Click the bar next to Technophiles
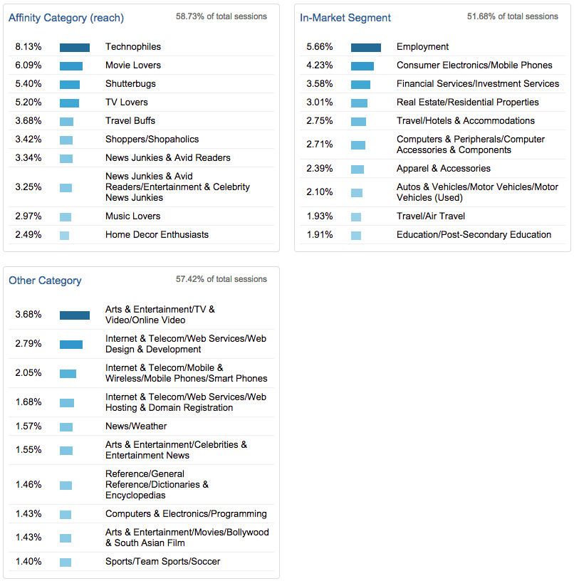click(75, 47)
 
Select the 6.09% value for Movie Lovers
click(28, 66)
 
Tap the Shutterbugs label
click(130, 84)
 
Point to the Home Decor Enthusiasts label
click(157, 235)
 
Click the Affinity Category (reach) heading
click(66, 18)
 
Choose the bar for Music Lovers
click(66, 216)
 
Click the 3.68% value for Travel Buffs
click(28, 121)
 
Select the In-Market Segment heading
click(345, 18)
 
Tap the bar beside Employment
click(366, 47)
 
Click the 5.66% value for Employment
click(320, 47)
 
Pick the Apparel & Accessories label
click(443, 169)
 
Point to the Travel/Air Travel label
click(430, 216)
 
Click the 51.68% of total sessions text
click(513, 16)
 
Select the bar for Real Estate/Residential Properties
click(360, 103)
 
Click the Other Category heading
click(45, 281)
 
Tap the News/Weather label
click(136, 426)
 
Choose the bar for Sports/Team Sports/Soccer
click(66, 562)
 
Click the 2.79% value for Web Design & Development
click(28, 344)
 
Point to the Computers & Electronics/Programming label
click(186, 514)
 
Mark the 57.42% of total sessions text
click(221, 279)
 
